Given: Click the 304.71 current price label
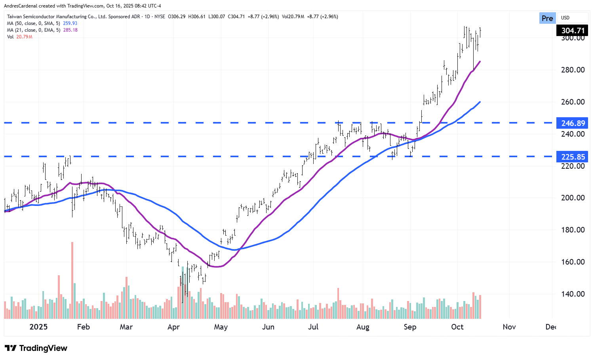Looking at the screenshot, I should [573, 30].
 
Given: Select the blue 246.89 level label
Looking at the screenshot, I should [573, 123].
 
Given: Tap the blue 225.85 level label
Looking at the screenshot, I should [573, 157].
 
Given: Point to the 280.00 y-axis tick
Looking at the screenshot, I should [573, 70].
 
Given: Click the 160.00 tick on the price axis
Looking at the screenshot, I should [573, 262].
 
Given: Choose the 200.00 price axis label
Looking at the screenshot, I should [573, 198].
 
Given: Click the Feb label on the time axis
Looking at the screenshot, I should [83, 327].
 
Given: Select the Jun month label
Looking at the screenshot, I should [268, 327].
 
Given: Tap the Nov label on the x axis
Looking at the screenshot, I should [509, 327].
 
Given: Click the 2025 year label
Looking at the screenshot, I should [38, 327].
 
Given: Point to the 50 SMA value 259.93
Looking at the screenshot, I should [70, 23].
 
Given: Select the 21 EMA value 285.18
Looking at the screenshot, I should [70, 30].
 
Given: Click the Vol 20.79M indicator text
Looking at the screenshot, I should [20, 37].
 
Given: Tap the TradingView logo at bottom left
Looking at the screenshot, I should [36, 348].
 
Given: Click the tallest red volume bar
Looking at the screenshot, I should [72, 280].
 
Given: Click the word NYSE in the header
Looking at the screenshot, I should [160, 17].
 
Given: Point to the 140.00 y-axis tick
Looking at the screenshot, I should [573, 294].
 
